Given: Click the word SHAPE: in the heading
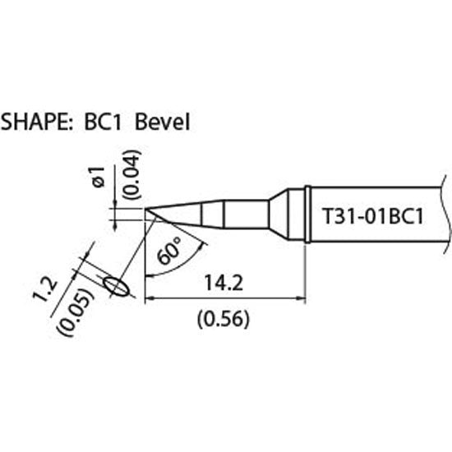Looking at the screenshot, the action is tap(37, 122).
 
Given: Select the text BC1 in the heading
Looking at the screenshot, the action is tap(103, 122).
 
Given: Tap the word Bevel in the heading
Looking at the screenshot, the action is tap(162, 122).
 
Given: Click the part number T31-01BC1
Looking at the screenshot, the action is tap(373, 217).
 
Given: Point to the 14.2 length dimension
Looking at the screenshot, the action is tap(224, 283).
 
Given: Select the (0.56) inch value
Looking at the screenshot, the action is tap(223, 319).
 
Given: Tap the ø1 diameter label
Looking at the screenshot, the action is tap(99, 177).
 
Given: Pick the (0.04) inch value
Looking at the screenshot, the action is tap(131, 175).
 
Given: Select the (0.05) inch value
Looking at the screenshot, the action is tap(76, 312).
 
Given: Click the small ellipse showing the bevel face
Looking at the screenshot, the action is tap(116, 286).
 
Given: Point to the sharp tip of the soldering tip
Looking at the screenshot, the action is tap(145, 208).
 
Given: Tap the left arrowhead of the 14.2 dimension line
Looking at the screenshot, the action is tap(149, 299).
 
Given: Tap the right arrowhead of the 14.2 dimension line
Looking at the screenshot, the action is tap(301, 299).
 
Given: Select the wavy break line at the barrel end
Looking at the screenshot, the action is tap(446, 214).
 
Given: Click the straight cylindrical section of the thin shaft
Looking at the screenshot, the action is tap(247, 214).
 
